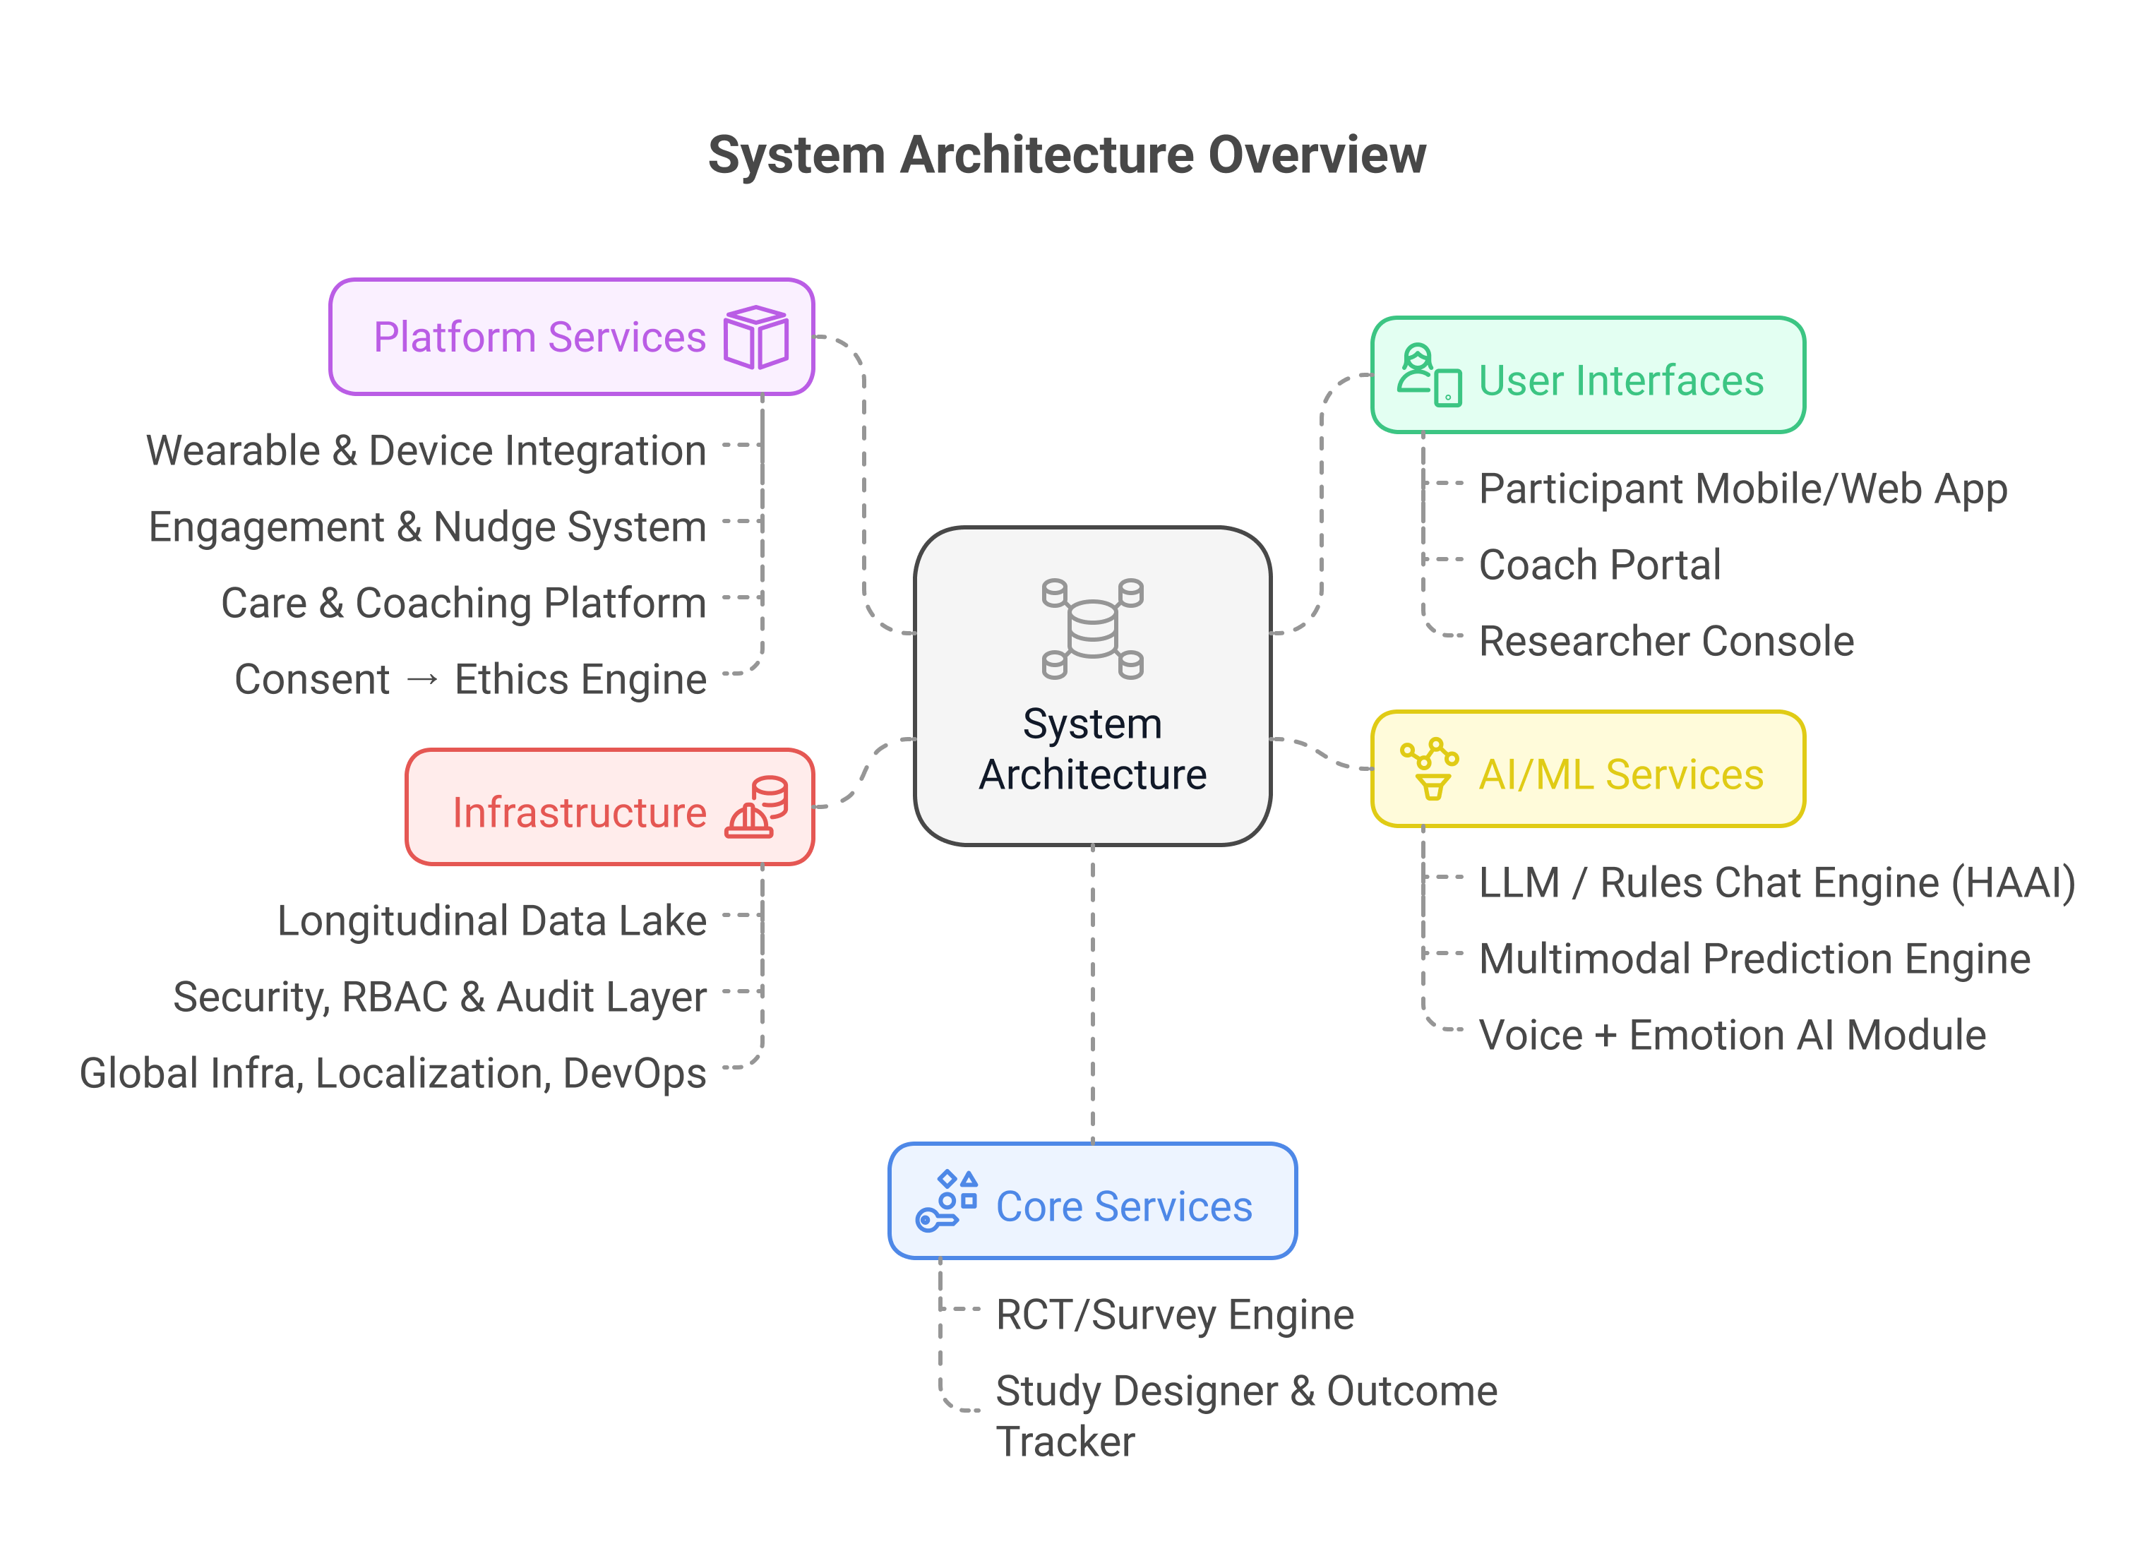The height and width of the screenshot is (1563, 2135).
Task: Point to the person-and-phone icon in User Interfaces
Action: [x=1428, y=376]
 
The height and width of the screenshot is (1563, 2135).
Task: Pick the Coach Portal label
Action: [x=1598, y=565]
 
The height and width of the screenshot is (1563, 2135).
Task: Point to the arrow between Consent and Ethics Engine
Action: [x=422, y=679]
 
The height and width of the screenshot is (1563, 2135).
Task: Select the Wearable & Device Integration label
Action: [x=426, y=450]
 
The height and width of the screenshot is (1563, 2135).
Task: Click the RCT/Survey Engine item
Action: [x=1174, y=1315]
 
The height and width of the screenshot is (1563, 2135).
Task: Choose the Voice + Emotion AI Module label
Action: [x=1731, y=1034]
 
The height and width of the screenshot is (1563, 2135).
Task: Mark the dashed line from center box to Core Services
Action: [x=1093, y=993]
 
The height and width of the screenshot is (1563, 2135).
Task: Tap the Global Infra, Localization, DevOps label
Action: [x=393, y=1073]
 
